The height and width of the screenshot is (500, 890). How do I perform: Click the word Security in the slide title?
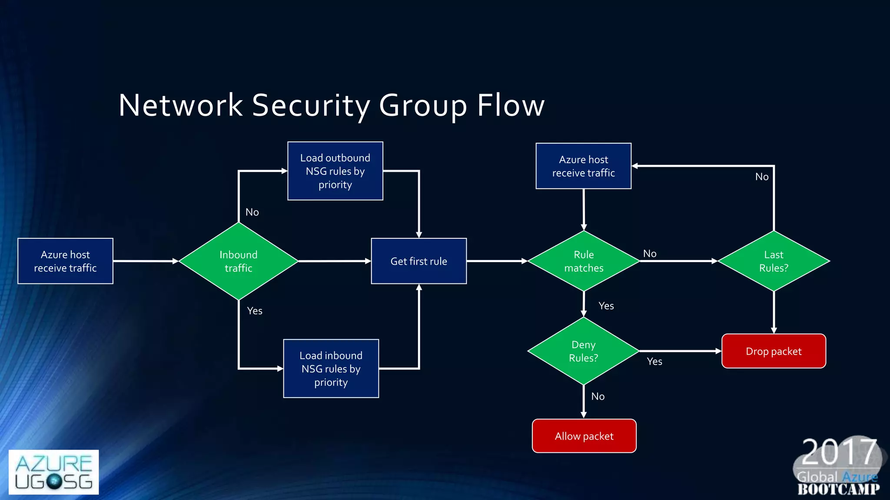tap(311, 105)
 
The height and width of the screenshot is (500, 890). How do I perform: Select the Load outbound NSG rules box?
tap(335, 171)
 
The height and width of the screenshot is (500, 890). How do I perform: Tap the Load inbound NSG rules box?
tap(331, 368)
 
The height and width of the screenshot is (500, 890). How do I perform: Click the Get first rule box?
tap(418, 261)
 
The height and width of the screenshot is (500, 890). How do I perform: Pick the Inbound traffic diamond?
tap(238, 261)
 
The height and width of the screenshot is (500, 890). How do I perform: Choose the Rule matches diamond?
tap(584, 261)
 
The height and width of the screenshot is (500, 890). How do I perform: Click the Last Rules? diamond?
tap(774, 261)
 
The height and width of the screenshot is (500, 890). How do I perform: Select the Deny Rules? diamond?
tap(583, 351)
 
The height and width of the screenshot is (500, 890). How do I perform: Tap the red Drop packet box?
tap(774, 351)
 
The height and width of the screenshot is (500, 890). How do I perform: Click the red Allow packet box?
tap(584, 436)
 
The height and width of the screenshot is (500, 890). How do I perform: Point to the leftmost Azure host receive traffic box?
tap(65, 261)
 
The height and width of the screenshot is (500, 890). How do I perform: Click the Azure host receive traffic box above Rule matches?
tap(583, 166)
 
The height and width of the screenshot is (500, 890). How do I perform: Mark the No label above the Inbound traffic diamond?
tap(252, 212)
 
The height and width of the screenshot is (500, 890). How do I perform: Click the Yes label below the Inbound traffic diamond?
tap(255, 311)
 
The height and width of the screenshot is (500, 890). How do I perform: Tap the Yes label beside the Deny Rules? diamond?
tap(654, 362)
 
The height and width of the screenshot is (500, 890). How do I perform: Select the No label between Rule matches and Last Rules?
tap(650, 253)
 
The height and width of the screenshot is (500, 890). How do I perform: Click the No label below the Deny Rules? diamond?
tap(598, 396)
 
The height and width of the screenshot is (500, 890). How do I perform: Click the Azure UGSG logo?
tap(53, 472)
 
